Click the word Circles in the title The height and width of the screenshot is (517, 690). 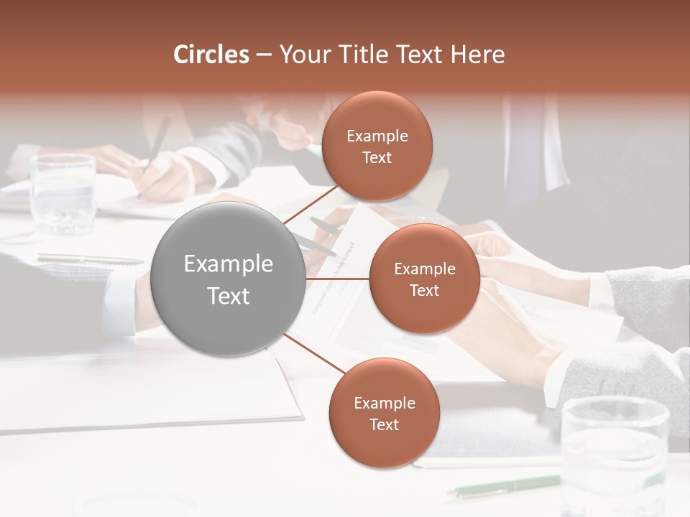pyautogui.click(x=211, y=55)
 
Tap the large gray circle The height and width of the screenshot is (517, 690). pyautogui.click(x=229, y=279)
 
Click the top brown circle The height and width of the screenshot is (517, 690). pyautogui.click(x=377, y=146)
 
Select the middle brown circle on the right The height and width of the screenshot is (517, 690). pyautogui.click(x=424, y=279)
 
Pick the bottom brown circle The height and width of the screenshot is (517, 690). pyautogui.click(x=384, y=414)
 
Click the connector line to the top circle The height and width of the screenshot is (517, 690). pyautogui.click(x=309, y=205)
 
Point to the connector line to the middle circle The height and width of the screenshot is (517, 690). pyautogui.click(x=338, y=279)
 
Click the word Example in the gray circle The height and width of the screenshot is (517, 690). pyautogui.click(x=229, y=264)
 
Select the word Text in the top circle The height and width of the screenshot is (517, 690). pyautogui.click(x=377, y=158)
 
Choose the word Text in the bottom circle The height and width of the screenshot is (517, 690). pyautogui.click(x=384, y=425)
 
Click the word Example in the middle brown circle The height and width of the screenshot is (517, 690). pyautogui.click(x=424, y=269)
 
